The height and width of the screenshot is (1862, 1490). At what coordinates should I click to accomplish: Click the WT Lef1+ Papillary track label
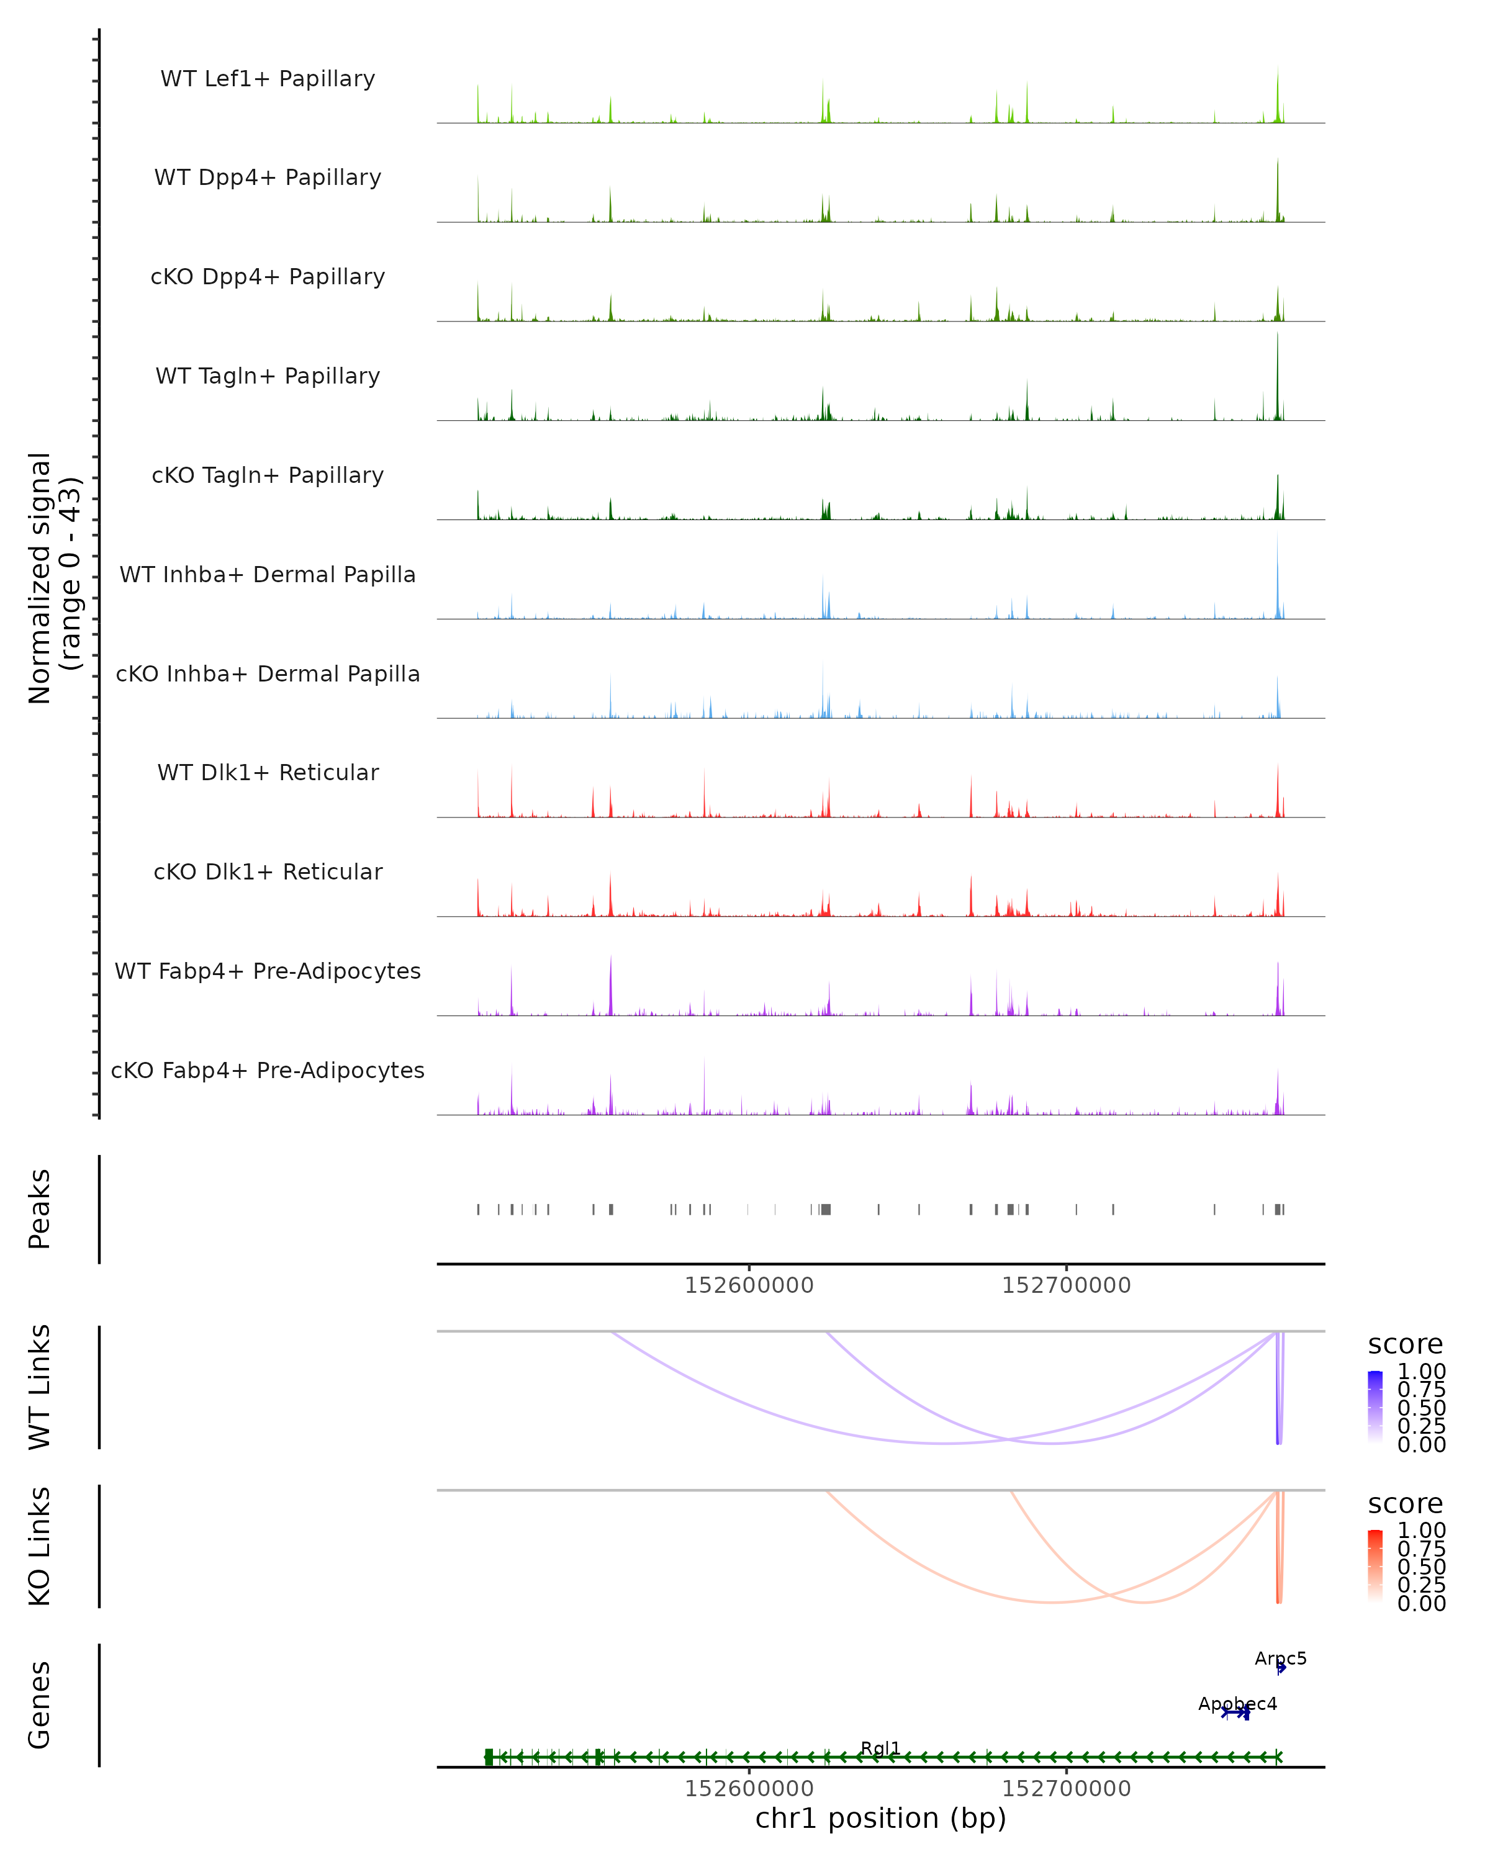tap(268, 79)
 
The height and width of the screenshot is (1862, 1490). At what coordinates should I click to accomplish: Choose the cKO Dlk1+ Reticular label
tap(268, 871)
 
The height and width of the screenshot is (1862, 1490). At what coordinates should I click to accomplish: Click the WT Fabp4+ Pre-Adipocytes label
tap(268, 971)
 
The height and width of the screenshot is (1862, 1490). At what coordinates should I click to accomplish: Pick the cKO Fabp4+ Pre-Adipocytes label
tap(268, 1070)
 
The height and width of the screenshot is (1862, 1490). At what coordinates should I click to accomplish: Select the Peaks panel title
tap(40, 1208)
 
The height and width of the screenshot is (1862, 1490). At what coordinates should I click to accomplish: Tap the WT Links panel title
tap(40, 1387)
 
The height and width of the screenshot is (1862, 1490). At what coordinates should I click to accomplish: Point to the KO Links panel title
tap(40, 1546)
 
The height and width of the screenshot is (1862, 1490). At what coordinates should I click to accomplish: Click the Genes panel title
tap(40, 1705)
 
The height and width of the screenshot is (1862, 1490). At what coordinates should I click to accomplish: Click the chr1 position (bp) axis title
tap(880, 1818)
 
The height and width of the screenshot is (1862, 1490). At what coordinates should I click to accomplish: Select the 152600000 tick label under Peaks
tap(749, 1285)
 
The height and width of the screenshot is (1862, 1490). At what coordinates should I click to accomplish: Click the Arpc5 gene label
tap(1280, 1658)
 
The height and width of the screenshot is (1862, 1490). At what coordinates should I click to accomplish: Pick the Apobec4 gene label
tap(1237, 1703)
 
